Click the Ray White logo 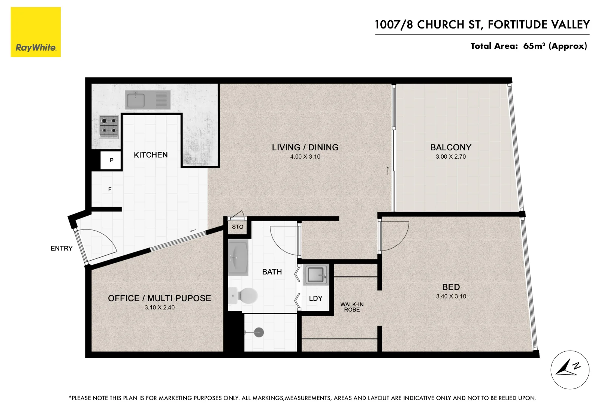[36, 32]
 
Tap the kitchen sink [136, 100]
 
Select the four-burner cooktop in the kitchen [109, 126]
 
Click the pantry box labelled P [111, 160]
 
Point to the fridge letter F [110, 189]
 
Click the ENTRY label [61, 248]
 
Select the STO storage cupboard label [238, 227]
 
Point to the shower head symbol [259, 332]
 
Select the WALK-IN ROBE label [352, 307]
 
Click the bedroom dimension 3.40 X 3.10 [451, 296]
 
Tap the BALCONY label [451, 147]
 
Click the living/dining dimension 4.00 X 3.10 [305, 157]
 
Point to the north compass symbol [570, 370]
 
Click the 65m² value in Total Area [534, 46]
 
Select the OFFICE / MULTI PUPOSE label [159, 298]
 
